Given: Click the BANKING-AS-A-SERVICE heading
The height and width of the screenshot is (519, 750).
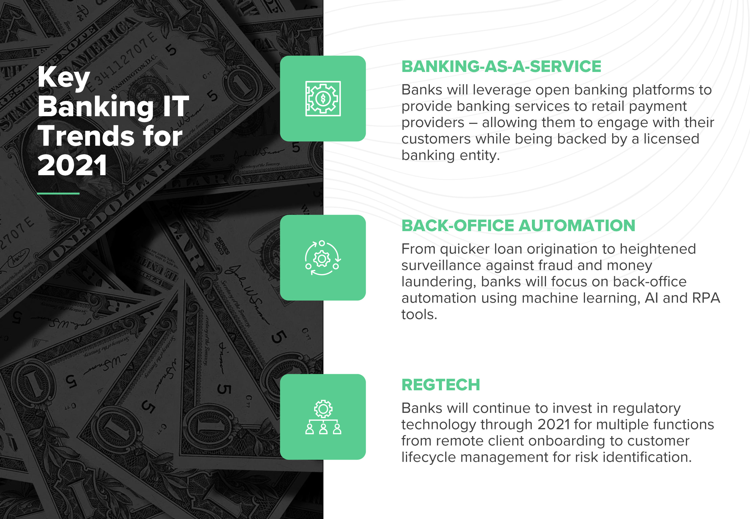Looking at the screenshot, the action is click(x=501, y=66).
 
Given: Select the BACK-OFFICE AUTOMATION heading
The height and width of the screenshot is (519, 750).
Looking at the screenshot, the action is click(x=518, y=225).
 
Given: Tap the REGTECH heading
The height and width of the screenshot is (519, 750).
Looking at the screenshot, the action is click(x=441, y=385).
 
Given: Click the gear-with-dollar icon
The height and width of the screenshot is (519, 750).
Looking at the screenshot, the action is click(x=323, y=98).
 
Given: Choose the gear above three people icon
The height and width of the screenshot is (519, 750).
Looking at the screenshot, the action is click(x=323, y=417).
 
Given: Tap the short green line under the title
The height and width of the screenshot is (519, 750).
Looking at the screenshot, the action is click(x=58, y=194).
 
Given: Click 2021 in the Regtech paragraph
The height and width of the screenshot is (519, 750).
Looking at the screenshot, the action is click(x=554, y=425).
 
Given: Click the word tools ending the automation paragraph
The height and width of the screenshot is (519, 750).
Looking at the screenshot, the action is click(x=419, y=314).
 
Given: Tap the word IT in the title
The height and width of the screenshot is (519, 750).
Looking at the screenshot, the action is click(x=176, y=106).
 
